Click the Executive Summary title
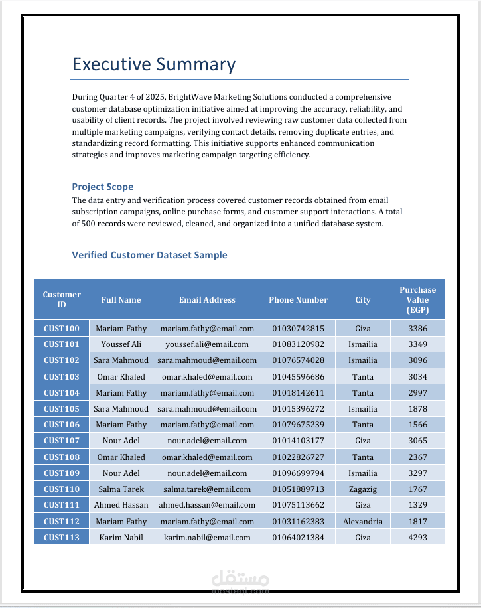point(153,64)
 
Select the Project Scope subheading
point(102,187)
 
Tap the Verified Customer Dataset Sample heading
point(149,255)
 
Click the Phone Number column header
point(298,300)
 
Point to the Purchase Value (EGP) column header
point(417,300)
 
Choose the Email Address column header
point(207,300)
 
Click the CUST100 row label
point(61,329)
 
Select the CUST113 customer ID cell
point(61,537)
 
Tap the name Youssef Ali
point(121,344)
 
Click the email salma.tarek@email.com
point(207,489)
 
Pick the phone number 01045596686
point(298,377)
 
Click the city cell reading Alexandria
point(362,522)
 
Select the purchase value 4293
point(417,537)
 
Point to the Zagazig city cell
point(362,489)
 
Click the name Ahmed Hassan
point(121,505)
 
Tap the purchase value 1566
point(417,425)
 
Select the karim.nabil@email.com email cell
point(207,537)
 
